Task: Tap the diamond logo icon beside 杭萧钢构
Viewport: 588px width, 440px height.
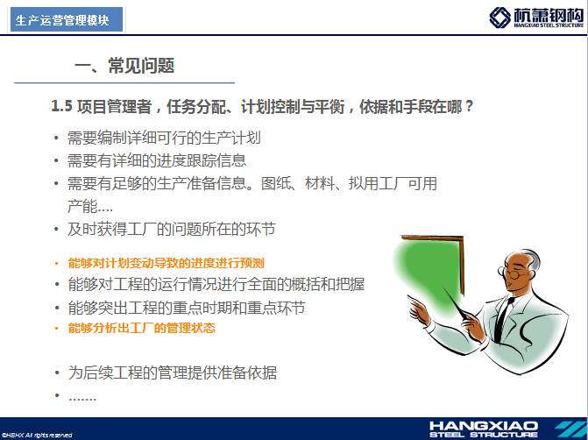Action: tap(499, 18)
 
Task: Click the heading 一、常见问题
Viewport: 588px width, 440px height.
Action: tap(124, 66)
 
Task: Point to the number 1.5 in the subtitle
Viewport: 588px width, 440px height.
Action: tap(61, 106)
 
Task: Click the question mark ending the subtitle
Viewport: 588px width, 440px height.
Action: tap(469, 107)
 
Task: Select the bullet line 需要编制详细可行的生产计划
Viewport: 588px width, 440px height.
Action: tap(164, 138)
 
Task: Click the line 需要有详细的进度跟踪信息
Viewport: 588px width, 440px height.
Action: tap(157, 161)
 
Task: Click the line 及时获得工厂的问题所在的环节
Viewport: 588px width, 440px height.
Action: tap(172, 229)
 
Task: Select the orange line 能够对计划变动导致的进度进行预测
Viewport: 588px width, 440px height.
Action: tap(166, 263)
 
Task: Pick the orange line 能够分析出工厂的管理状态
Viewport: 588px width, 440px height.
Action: tap(142, 328)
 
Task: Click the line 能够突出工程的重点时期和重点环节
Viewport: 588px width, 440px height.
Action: tap(187, 308)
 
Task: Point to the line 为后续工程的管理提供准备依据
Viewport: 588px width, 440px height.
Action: tap(173, 373)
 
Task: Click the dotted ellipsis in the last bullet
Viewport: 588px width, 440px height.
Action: tap(82, 398)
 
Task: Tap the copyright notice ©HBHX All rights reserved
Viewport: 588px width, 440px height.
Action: tap(37, 435)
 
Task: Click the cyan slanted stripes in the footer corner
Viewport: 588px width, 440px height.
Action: tap(570, 429)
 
